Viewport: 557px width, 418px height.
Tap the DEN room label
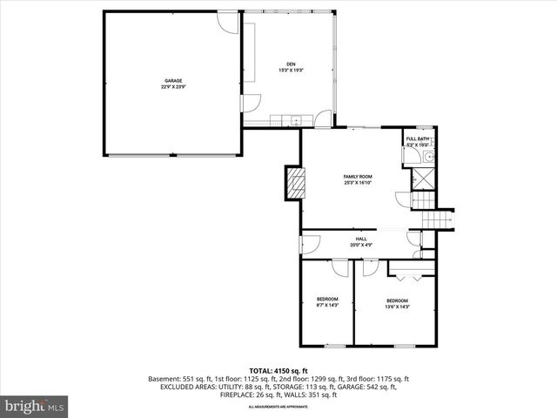[292, 63]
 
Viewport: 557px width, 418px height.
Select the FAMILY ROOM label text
[358, 177]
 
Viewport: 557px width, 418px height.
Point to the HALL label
[360, 239]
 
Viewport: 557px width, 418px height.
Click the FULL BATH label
[417, 138]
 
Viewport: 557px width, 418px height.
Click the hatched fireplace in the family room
[296, 183]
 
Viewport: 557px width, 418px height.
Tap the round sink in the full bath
[427, 157]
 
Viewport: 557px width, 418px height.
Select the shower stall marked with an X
[424, 178]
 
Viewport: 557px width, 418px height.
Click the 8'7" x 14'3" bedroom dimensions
[326, 306]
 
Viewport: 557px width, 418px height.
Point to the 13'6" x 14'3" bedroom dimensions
[397, 306]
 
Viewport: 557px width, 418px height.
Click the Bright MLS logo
[35, 406]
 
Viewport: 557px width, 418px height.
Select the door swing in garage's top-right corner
[227, 23]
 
